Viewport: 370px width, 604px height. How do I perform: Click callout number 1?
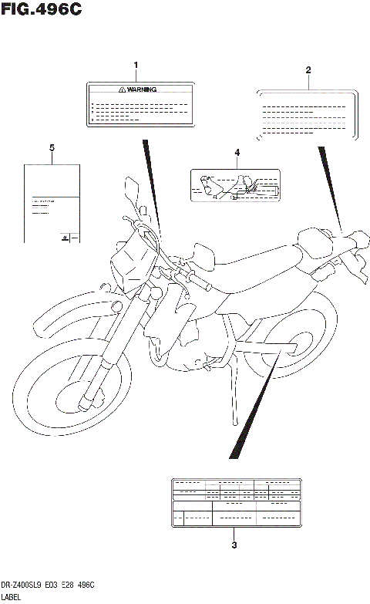pyautogui.click(x=136, y=65)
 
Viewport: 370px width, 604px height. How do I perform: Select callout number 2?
pyautogui.click(x=308, y=70)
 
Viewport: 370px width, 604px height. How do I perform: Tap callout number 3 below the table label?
pyautogui.click(x=234, y=545)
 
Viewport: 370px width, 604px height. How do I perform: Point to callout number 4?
pyautogui.click(x=237, y=153)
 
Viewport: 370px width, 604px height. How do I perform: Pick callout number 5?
pyautogui.click(x=52, y=147)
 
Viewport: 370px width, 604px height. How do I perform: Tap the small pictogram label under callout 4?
pyautogui.click(x=237, y=186)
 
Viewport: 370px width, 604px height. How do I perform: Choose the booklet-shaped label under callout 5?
pyautogui.click(x=52, y=204)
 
